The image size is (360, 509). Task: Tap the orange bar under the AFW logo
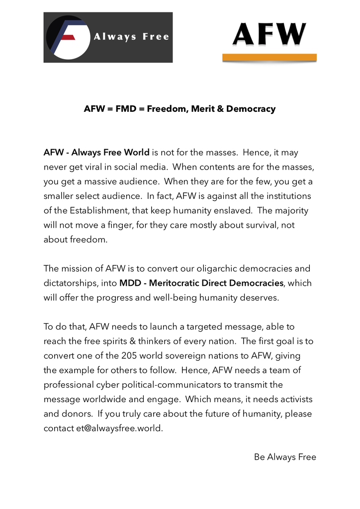tap(269, 57)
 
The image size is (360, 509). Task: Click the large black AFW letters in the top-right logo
tap(269, 35)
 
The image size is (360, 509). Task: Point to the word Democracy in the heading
tap(251, 109)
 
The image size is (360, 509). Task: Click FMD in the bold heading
tap(126, 109)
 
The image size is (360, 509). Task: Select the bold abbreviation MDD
tap(130, 283)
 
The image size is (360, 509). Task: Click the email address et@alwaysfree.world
tap(119, 428)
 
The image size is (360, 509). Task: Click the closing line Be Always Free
tap(285, 457)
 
